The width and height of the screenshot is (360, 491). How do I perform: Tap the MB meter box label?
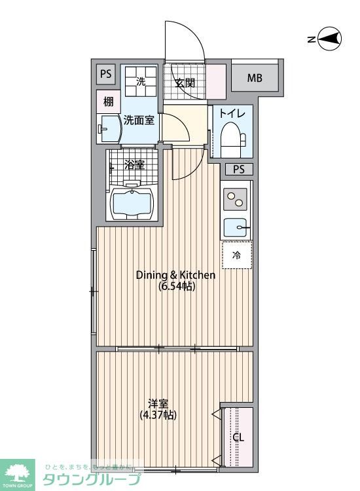tap(255, 79)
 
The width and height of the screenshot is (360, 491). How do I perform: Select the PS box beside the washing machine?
tap(105, 75)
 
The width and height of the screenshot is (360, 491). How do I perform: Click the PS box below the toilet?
tap(238, 170)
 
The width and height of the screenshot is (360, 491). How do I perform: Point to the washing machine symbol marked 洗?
tap(141, 82)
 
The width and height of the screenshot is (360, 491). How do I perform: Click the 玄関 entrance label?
tap(186, 83)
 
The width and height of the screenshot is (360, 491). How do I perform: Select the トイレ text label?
tap(232, 113)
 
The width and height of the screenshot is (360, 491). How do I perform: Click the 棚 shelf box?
tap(108, 101)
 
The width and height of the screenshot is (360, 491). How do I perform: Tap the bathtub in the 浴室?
tap(133, 204)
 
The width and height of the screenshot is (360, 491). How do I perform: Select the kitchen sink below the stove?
tap(236, 228)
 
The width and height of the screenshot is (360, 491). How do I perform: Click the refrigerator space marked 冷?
tap(236, 255)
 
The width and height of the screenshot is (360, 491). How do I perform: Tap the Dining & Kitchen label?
tap(175, 280)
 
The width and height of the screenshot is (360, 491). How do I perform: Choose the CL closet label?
tap(238, 437)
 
